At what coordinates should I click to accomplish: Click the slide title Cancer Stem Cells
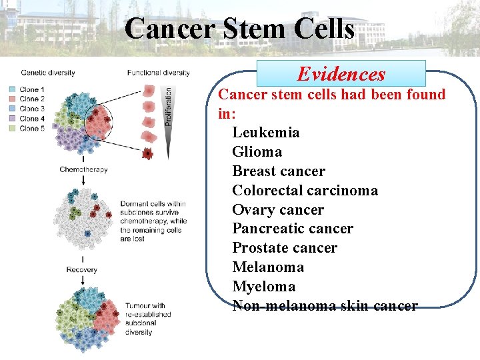click(x=239, y=29)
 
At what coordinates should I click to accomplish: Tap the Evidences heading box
click(x=341, y=73)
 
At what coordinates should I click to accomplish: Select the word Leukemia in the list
click(x=265, y=133)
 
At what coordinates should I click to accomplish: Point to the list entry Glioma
click(x=257, y=152)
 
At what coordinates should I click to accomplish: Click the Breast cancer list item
click(x=279, y=171)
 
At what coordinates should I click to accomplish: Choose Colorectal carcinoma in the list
click(x=305, y=191)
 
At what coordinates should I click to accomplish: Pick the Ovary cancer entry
click(x=277, y=210)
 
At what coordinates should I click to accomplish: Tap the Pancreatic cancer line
click(x=292, y=229)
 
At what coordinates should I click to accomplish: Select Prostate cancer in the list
click(x=284, y=248)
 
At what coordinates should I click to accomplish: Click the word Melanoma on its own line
click(x=267, y=267)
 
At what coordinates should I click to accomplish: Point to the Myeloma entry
click(x=263, y=287)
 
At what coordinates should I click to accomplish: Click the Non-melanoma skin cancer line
click(x=325, y=306)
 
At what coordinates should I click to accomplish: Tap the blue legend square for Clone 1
click(x=13, y=89)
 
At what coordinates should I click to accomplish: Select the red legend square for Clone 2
click(x=13, y=99)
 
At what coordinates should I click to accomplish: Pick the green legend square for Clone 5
click(x=13, y=128)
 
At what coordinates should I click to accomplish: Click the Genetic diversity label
click(x=47, y=73)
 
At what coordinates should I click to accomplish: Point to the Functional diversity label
click(x=158, y=73)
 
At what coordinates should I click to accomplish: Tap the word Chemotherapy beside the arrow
click(x=83, y=169)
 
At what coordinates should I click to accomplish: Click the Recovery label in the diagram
click(x=81, y=270)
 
